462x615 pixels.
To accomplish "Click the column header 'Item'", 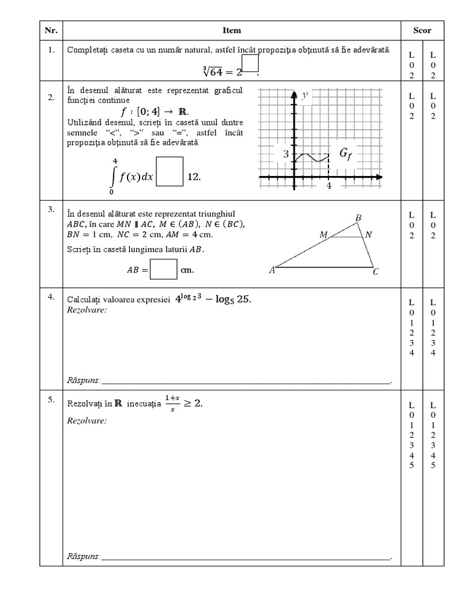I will click(232, 31).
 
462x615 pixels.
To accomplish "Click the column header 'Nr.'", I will click(51, 31).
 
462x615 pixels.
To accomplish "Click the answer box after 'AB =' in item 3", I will click(164, 270).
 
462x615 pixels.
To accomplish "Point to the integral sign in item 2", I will click(113, 176).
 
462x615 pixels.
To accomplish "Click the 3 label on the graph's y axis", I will click(287, 154).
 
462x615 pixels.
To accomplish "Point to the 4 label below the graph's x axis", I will click(329, 186).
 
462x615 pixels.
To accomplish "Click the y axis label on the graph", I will click(305, 95).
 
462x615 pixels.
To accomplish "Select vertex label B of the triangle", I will click(359, 217).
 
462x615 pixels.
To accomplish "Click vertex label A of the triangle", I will click(272, 270).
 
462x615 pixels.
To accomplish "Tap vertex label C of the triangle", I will click(375, 272).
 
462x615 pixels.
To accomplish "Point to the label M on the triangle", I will click(324, 235).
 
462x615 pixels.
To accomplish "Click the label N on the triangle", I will click(369, 235).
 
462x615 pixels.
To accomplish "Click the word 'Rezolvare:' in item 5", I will click(87, 420).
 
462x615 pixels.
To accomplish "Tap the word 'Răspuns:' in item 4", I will click(84, 380).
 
